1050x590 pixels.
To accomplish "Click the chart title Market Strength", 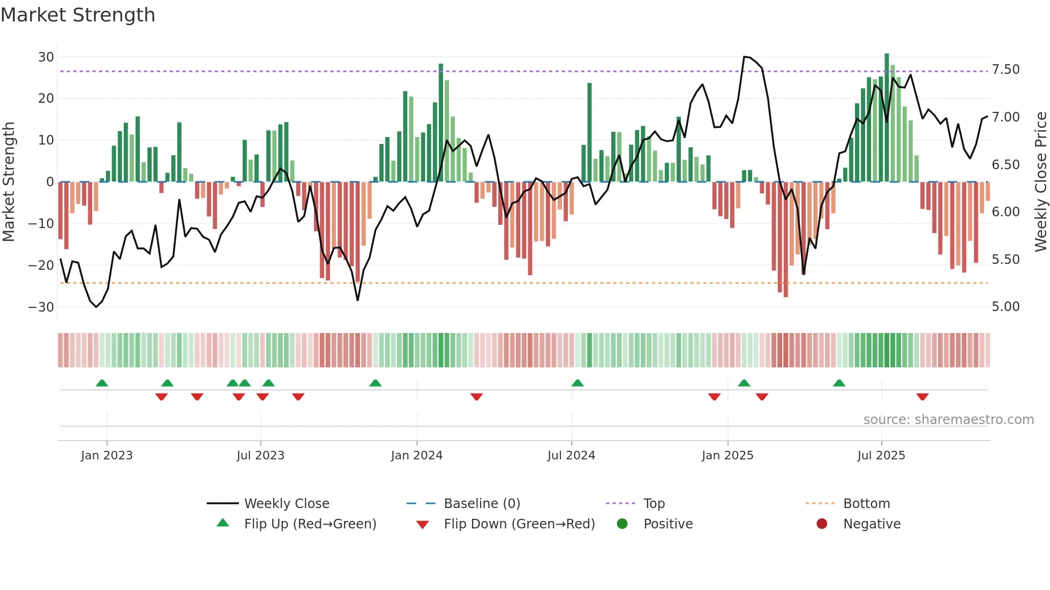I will coord(78,15).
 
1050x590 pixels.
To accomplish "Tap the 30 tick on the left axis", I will coord(46,57).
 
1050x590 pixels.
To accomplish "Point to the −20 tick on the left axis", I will coord(41,266).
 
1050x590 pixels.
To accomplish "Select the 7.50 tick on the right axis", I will coord(1006,70).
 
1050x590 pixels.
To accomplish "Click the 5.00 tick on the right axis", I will coord(1006,307).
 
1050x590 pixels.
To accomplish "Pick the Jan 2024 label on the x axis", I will coord(416,456).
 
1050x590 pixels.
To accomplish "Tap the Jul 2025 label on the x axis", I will coord(881,456).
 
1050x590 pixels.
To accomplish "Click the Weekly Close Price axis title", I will coord(1040,182).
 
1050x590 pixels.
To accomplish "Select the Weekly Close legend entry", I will coord(286,504).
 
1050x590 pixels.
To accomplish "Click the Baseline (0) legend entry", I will coord(482,504).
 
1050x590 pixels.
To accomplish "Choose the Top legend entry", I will coord(654,504).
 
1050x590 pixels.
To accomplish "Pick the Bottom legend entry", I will coord(866,504).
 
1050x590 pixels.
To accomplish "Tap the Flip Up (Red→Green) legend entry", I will coord(310,524).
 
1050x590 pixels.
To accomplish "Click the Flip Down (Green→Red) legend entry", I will coord(519,524).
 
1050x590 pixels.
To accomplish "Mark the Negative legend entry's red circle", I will coord(821,524).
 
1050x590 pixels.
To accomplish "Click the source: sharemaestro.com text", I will coord(948,420).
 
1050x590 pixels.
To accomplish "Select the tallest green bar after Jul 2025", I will coord(887,118).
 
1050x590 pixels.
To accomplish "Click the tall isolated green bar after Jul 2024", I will coord(589,132).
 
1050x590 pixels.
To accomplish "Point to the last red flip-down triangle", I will coord(922,397).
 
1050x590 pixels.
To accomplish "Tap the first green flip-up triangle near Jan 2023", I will coord(102,383).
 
